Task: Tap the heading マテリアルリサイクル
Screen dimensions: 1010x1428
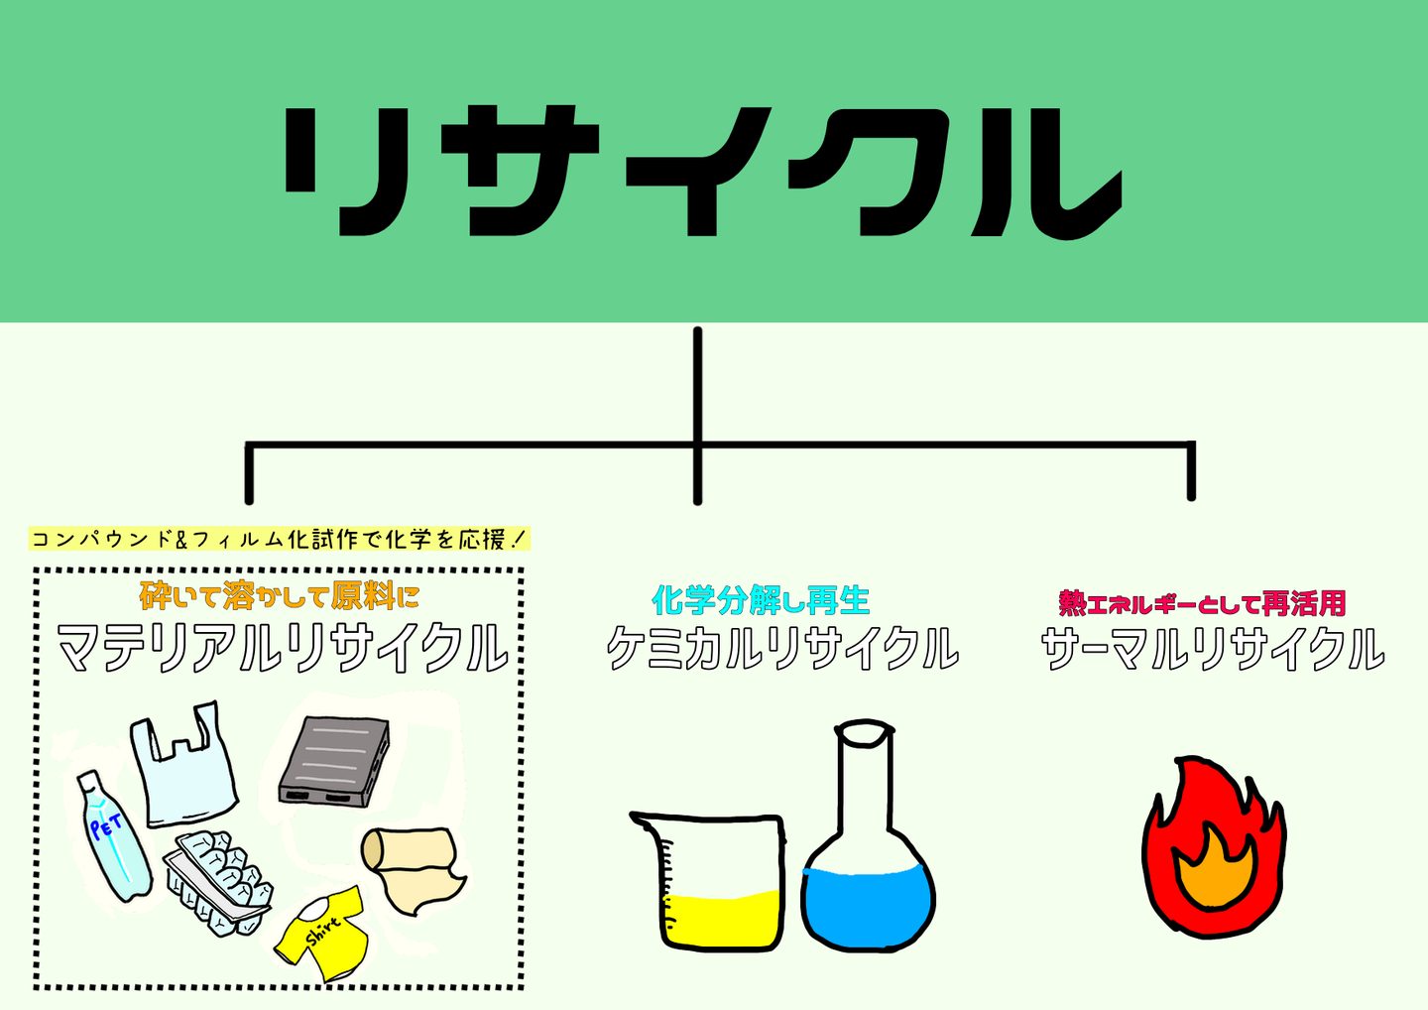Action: tap(283, 649)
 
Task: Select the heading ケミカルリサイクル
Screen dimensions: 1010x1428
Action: tap(782, 649)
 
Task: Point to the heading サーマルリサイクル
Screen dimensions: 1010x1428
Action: tap(1212, 649)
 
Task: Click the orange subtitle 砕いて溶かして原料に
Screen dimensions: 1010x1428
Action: tap(280, 596)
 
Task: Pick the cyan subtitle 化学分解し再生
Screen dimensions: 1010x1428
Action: tap(761, 600)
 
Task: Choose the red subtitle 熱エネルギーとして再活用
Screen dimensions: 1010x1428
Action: tap(1202, 603)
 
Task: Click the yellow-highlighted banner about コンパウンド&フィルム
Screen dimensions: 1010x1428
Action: tap(281, 540)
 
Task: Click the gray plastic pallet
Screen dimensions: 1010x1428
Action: tap(334, 760)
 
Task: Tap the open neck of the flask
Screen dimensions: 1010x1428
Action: tap(864, 733)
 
